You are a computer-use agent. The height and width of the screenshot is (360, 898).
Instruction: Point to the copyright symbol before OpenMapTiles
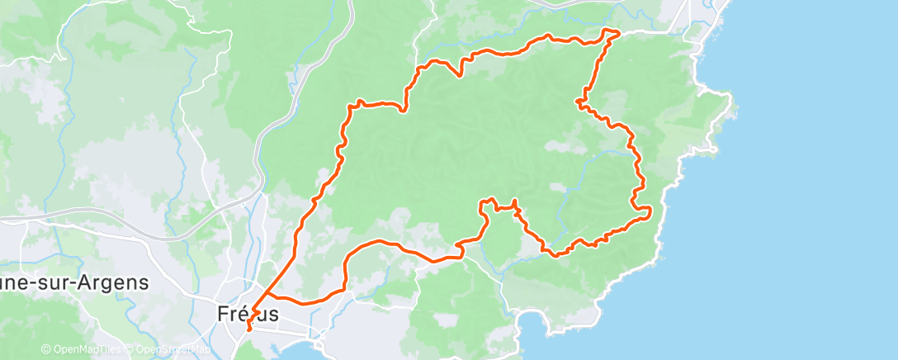pyautogui.click(x=46, y=349)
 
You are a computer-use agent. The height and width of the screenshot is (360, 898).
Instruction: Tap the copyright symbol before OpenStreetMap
pyautogui.click(x=130, y=349)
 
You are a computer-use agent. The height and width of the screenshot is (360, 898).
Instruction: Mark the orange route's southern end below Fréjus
pyautogui.click(x=248, y=332)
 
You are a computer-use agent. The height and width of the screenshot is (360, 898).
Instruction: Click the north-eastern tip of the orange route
pyautogui.click(x=617, y=31)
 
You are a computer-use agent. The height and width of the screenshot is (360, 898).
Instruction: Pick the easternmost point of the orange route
pyautogui.click(x=651, y=211)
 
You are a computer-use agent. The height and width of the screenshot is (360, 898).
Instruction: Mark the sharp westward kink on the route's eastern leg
pyautogui.click(x=579, y=102)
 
